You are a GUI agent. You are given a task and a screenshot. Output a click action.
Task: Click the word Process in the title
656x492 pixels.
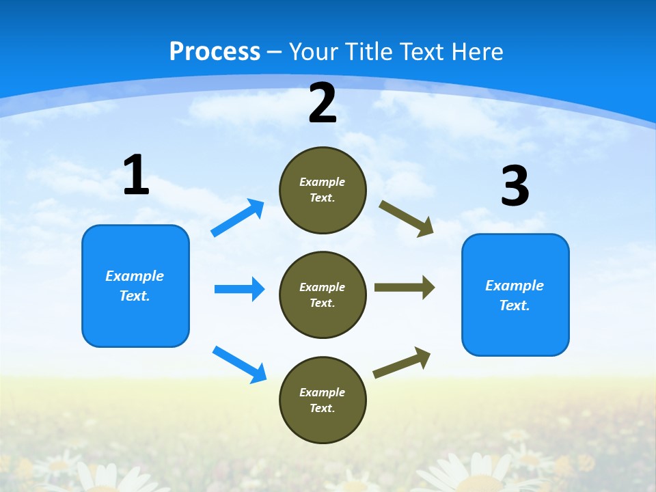point(215,52)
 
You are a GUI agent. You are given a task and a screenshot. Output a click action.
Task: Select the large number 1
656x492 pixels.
point(136,175)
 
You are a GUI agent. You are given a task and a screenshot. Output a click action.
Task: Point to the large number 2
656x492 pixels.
point(323,103)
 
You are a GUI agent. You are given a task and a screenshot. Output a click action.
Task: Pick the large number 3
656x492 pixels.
point(515,186)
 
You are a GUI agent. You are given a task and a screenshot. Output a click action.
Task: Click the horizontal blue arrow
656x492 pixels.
point(239,289)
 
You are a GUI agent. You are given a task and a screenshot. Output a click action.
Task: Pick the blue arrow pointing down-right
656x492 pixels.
point(239,364)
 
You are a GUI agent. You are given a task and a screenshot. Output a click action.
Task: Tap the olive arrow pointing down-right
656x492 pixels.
point(407,219)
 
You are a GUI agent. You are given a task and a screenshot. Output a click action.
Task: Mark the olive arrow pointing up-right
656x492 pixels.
point(402,363)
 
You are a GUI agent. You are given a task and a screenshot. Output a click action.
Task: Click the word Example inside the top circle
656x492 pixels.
point(323,182)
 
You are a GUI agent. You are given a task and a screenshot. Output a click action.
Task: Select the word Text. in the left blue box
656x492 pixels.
point(135,296)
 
